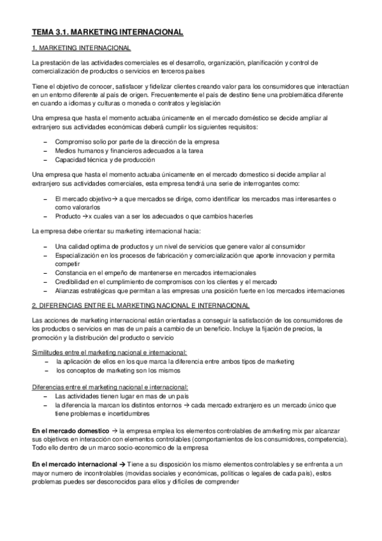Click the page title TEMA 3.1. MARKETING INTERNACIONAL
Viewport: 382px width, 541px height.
tap(108, 31)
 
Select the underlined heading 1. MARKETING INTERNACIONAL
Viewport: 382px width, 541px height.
tap(82, 48)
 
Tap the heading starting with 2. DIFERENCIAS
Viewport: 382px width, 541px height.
tap(141, 305)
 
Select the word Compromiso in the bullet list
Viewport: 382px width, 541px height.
tap(75, 140)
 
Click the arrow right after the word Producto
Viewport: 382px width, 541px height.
tap(84, 216)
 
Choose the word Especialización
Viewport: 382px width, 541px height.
tap(81, 255)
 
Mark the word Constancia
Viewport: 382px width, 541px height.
tap(73, 272)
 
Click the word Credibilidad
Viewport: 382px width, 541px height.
tap(75, 281)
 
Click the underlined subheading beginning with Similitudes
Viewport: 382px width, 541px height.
tap(109, 352)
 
